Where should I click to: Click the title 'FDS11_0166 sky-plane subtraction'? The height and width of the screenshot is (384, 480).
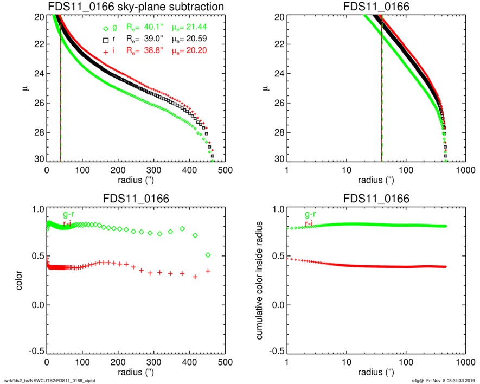point(136,7)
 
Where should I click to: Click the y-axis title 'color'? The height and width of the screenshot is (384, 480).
point(20,279)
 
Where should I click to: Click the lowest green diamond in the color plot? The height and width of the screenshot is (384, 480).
point(208,255)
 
